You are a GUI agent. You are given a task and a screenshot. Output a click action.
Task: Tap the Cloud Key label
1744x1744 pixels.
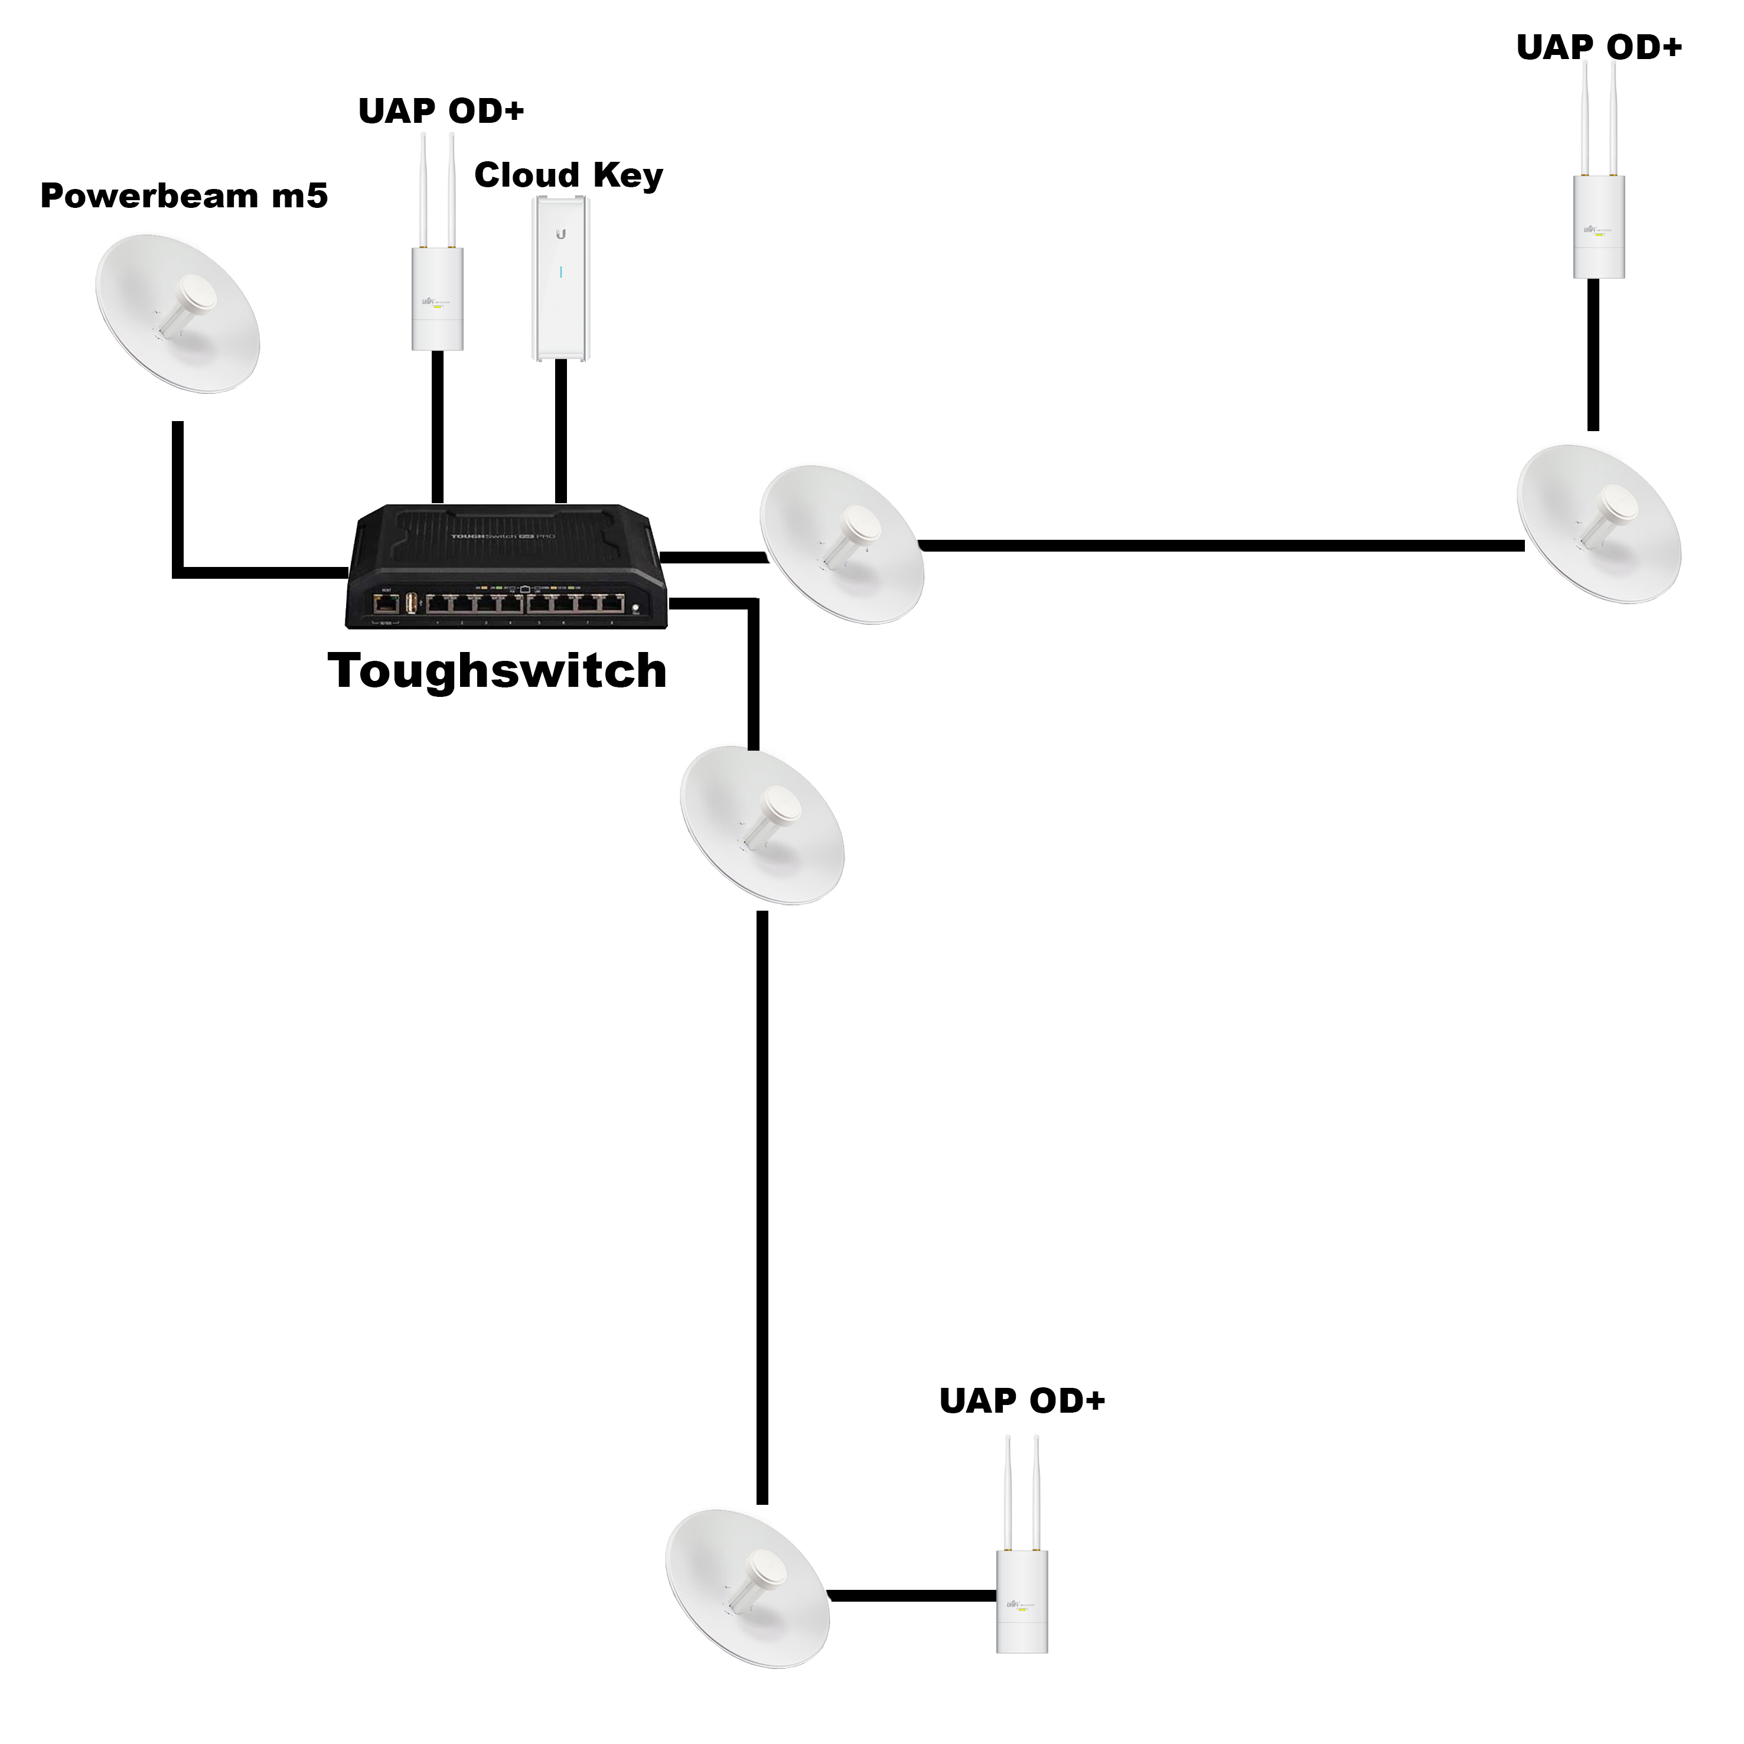click(569, 175)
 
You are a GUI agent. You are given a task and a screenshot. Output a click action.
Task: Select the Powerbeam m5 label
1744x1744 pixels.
click(184, 196)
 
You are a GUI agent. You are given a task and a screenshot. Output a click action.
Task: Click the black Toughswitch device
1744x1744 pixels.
click(506, 567)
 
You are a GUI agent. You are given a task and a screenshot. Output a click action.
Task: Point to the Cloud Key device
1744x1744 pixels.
click(560, 278)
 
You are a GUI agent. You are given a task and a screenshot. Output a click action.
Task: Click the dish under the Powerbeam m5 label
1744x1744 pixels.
click(178, 314)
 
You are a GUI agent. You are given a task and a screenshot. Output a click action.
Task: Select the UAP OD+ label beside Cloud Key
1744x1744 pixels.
click(441, 111)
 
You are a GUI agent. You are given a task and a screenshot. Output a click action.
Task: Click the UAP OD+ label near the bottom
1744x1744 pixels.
click(1022, 1401)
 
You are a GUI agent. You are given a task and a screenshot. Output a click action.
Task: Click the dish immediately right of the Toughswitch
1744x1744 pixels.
click(842, 545)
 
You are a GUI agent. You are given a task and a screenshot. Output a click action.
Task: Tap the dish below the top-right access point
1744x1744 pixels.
click(1599, 524)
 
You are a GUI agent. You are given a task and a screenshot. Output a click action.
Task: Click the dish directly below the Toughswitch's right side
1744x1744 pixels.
click(762, 825)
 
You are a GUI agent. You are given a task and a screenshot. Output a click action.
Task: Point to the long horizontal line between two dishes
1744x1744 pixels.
click(1220, 545)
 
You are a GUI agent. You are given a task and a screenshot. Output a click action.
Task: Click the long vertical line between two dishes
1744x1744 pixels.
click(762, 1208)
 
